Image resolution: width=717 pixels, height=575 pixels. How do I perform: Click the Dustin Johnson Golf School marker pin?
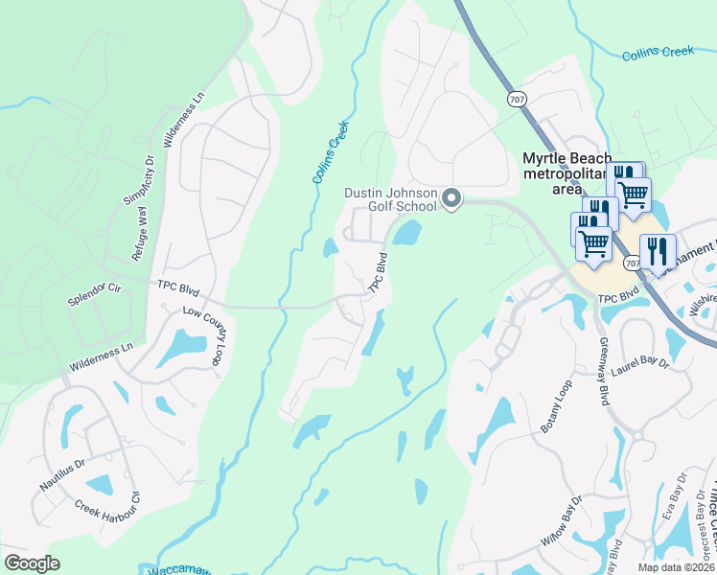451,199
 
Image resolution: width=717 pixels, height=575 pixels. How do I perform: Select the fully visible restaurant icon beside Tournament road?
658,252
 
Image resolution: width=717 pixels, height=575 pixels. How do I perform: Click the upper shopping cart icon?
633,195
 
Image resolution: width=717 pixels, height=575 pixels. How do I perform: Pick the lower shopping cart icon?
593,243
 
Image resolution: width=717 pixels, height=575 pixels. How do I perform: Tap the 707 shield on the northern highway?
517,99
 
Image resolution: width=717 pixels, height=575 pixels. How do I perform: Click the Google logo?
32,563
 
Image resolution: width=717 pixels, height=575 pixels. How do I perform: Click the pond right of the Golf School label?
406,232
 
